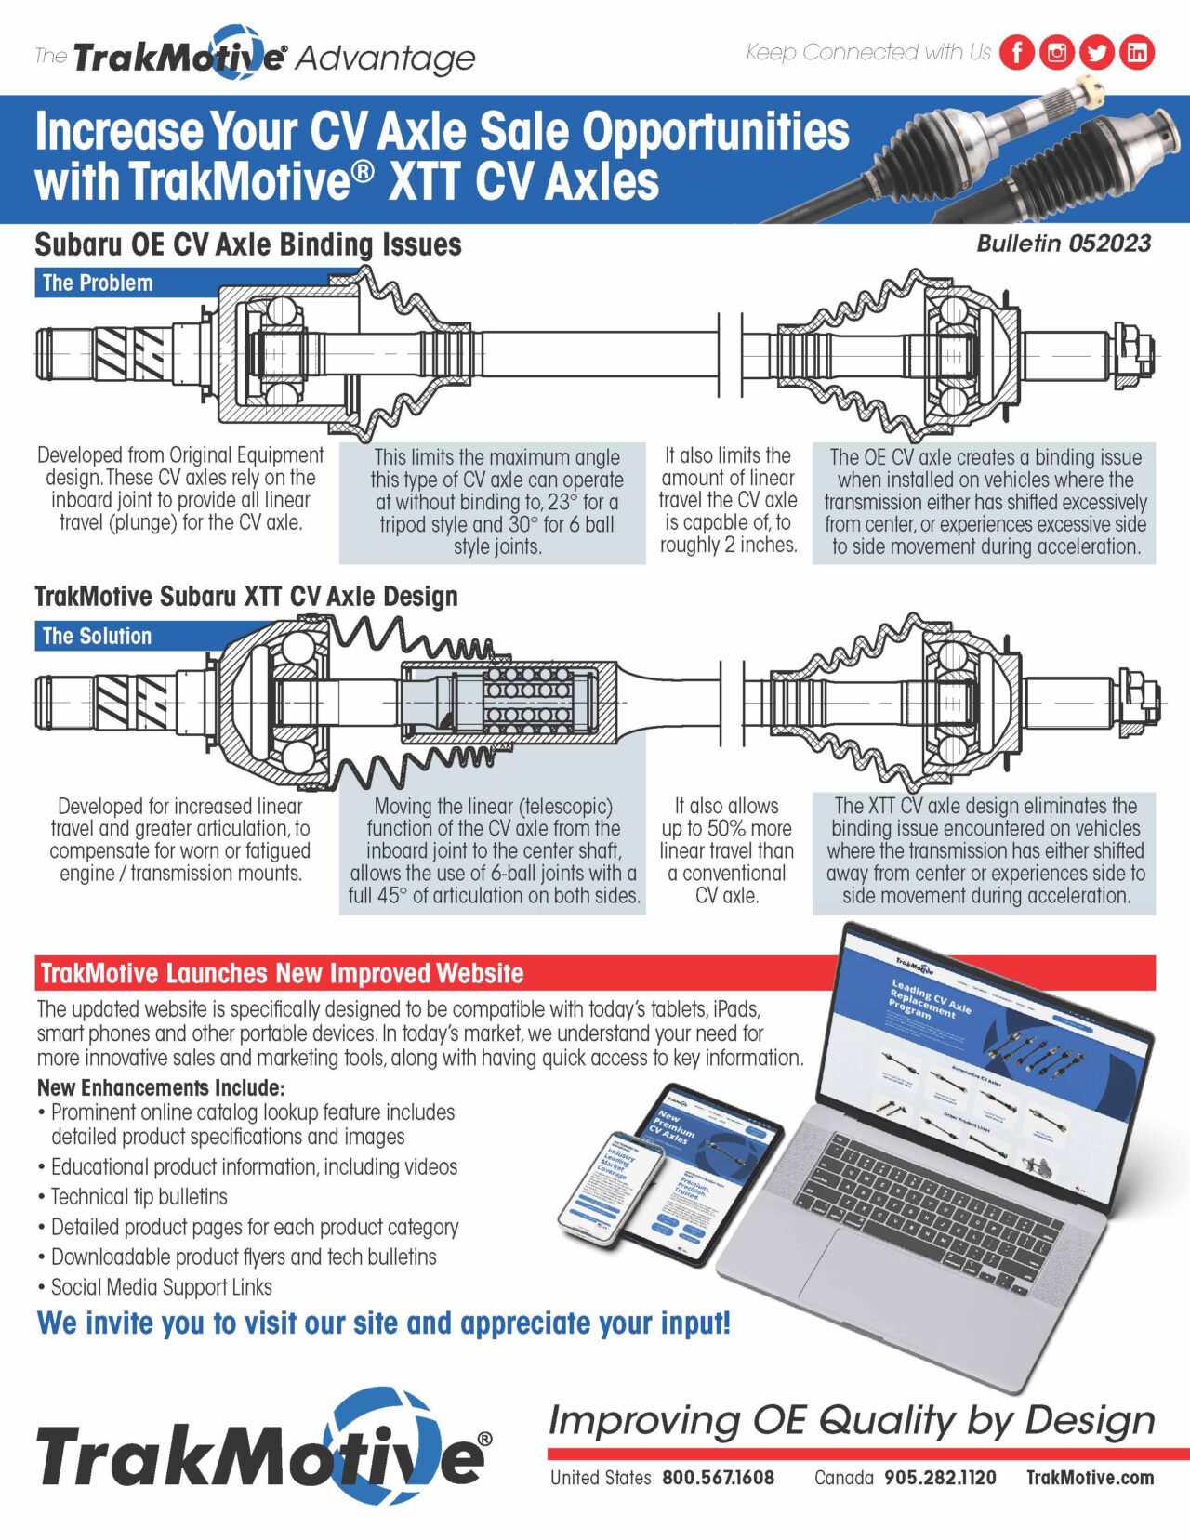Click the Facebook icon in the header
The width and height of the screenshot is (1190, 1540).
point(1016,52)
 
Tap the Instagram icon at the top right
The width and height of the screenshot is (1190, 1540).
point(1057,52)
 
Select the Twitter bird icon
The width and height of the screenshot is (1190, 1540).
point(1097,52)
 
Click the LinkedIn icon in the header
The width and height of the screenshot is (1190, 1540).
point(1137,52)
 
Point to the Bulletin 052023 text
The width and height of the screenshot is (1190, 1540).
point(1063,244)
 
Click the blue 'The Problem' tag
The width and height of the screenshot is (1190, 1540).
point(98,283)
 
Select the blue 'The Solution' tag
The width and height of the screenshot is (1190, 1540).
point(97,636)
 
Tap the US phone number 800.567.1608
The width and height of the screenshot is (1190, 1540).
point(718,1478)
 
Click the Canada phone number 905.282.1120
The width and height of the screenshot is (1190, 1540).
point(940,1478)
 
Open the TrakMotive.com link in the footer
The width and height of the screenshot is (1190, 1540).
point(1090,1478)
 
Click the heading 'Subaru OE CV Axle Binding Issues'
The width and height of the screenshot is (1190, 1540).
point(247,245)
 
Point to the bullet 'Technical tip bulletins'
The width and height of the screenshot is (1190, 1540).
point(139,1197)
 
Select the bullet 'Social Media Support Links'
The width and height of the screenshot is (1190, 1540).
point(161,1287)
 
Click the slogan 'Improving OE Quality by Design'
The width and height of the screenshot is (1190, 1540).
point(851,1420)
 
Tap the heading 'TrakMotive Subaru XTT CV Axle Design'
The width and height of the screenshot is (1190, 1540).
point(245,597)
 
